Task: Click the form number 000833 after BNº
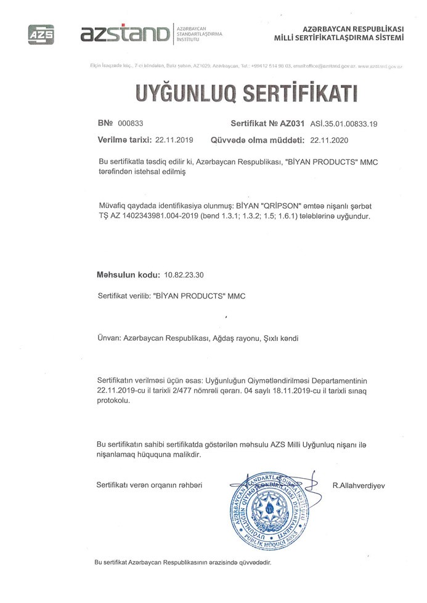coord(130,123)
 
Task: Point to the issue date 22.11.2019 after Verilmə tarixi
coord(174,140)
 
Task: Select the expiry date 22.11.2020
coord(330,140)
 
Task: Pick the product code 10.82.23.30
coord(185,274)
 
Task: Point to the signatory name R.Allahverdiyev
coord(359,485)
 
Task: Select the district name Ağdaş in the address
coord(226,338)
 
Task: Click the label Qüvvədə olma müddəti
coord(258,140)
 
